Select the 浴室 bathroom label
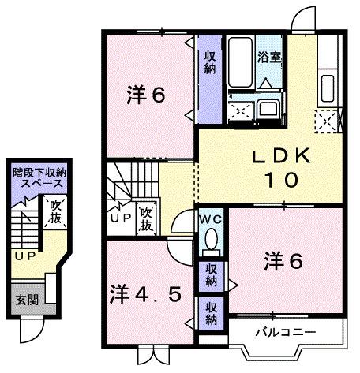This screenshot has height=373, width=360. pyautogui.click(x=269, y=57)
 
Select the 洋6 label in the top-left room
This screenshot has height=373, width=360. pyautogui.click(x=146, y=96)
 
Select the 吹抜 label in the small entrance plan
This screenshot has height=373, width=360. pyautogui.click(x=55, y=213)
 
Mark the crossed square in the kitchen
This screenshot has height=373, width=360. pyautogui.click(x=324, y=121)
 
